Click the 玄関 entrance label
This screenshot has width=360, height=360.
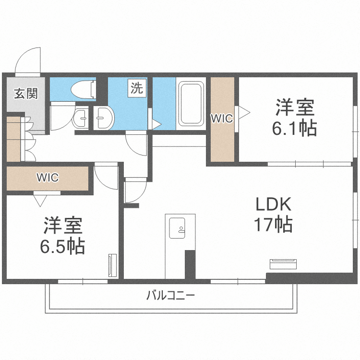pyautogui.click(x=25, y=93)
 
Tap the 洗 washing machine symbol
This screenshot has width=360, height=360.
pyautogui.click(x=136, y=88)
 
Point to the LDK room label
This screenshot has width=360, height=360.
pyautogui.click(x=273, y=205)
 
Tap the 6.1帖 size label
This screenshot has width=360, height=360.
pyautogui.click(x=295, y=128)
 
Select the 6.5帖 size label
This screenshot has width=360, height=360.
pyautogui.click(x=62, y=246)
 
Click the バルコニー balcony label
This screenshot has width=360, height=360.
pyautogui.click(x=170, y=295)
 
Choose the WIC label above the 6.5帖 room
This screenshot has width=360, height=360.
pyautogui.click(x=47, y=178)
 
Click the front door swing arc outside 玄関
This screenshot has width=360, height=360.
pyautogui.click(x=29, y=60)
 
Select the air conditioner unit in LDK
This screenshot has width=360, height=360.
pyautogui.click(x=285, y=264)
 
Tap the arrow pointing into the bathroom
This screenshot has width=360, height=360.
pyautogui.click(x=156, y=124)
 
